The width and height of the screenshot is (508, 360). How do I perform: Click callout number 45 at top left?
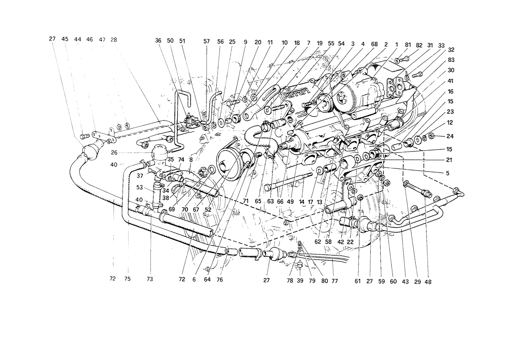[x=65, y=39]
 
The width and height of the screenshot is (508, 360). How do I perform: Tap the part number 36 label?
[x=158, y=41]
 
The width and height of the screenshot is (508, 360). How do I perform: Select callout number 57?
[x=206, y=41]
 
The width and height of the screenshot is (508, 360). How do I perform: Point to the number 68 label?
[x=374, y=44]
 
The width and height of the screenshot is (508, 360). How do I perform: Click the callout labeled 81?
[x=408, y=45]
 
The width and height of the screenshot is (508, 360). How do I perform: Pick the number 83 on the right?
[x=451, y=60]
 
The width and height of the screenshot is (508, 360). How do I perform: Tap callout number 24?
[x=450, y=136]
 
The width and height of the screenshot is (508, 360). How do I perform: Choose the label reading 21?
[x=449, y=160]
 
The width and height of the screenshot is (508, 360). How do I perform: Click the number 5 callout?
[x=447, y=173]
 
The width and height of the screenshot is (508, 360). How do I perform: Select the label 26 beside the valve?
[x=114, y=153]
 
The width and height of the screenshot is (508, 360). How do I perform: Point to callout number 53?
[x=139, y=187]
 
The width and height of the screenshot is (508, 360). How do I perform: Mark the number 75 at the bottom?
[x=127, y=279]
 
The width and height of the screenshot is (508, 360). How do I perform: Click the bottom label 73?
[x=150, y=279]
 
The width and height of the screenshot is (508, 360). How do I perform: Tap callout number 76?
[x=219, y=280]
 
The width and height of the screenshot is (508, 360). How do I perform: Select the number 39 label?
[x=300, y=281]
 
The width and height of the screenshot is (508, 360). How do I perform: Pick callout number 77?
[x=335, y=281]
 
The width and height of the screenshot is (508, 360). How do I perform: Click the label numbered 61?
[x=358, y=282]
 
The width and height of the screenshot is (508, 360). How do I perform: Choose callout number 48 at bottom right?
[x=428, y=282]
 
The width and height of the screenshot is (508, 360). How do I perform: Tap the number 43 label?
[x=405, y=282]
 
